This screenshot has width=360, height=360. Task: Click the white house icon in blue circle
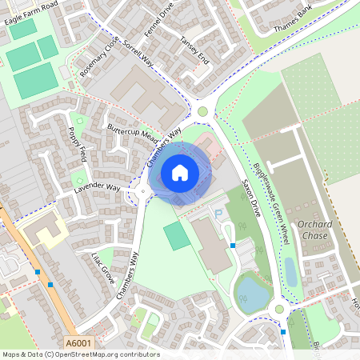coord(180,172)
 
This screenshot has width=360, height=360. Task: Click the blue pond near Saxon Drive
coord(253,293)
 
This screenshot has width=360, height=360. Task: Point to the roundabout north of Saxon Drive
coord(202,111)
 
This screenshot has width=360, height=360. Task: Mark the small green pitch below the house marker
coord(178,236)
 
